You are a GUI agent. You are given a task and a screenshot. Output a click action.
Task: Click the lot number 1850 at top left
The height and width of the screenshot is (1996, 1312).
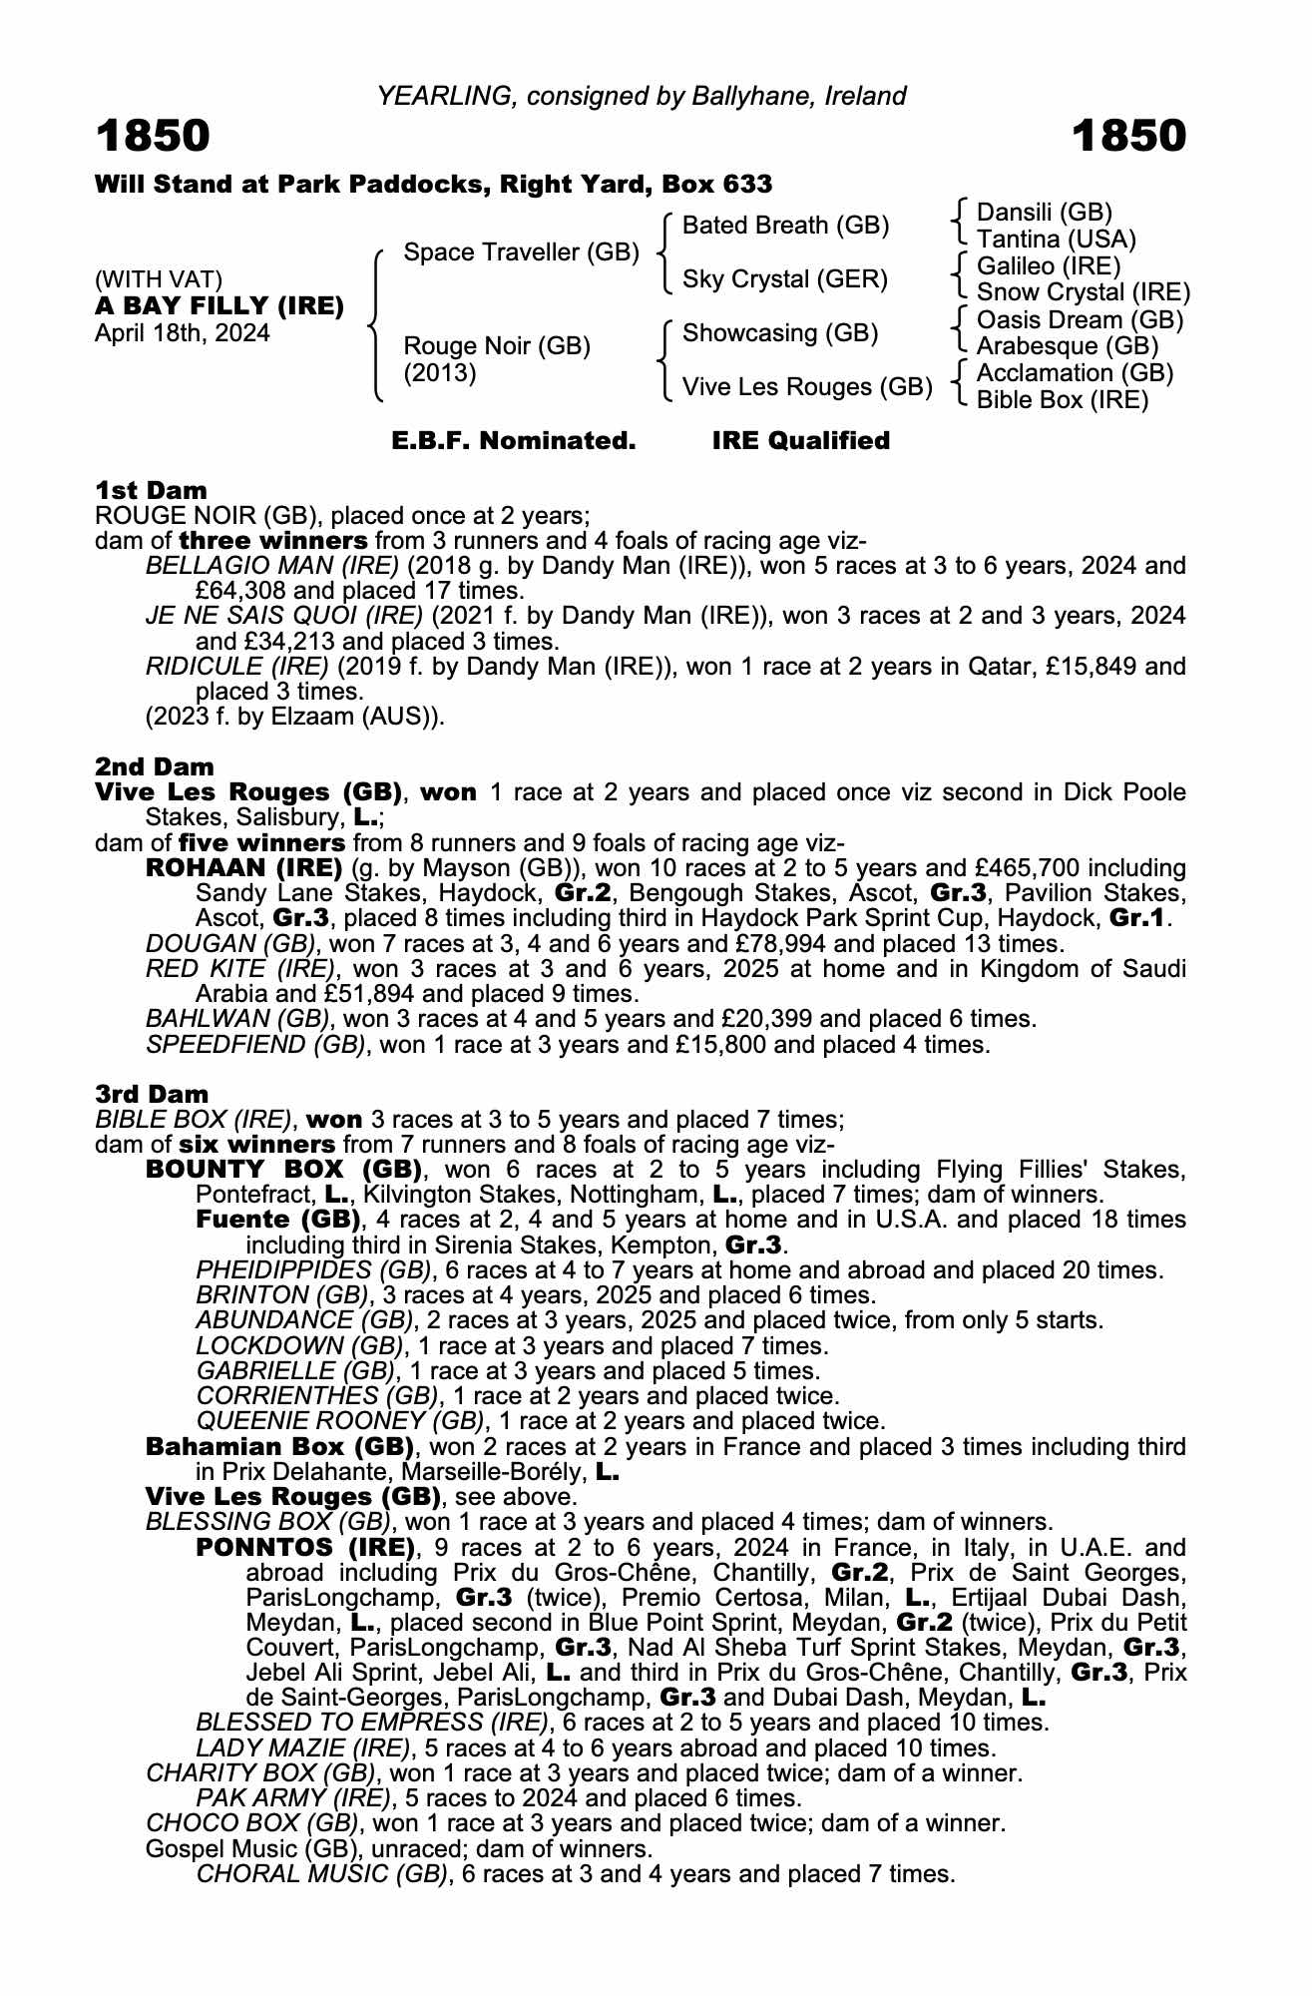153,136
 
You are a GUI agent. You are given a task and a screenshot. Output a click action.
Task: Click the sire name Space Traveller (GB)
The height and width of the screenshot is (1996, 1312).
521,251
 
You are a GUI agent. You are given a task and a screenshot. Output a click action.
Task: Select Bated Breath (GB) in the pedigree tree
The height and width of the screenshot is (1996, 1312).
785,226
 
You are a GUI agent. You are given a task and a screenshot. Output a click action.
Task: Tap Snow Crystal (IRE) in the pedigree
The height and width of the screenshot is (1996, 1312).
1084,292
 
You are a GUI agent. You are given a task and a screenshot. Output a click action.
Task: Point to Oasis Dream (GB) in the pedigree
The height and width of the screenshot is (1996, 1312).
1080,320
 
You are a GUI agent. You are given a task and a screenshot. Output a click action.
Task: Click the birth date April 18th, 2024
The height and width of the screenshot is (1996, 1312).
182,332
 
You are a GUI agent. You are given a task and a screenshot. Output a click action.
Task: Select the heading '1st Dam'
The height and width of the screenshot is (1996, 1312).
151,490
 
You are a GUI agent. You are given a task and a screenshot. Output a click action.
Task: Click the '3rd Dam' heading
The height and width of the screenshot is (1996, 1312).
152,1094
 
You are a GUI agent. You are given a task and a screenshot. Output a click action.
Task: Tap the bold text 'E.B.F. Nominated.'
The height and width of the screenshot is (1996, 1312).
514,440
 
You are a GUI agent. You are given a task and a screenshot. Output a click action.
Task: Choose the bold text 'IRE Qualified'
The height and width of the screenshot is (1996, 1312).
800,440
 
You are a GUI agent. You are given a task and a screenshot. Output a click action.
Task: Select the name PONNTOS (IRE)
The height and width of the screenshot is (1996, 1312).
305,1548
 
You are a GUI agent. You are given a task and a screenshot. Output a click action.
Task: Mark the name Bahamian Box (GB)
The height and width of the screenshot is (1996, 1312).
279,1446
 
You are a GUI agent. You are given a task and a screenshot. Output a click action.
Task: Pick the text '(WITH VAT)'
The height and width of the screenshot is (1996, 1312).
159,278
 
